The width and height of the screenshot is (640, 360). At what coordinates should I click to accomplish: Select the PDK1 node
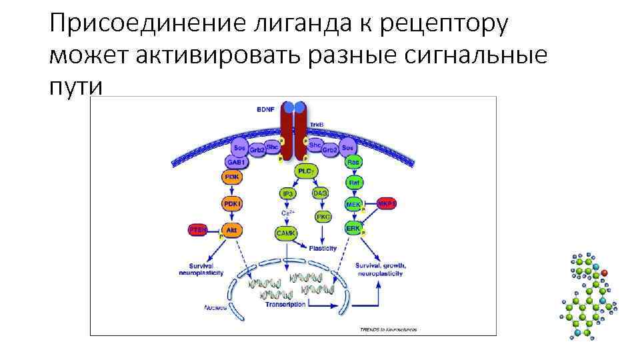tap(231, 203)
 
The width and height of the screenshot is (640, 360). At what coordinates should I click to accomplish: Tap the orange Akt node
tap(231, 230)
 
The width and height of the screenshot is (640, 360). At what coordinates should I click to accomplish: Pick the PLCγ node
tap(305, 171)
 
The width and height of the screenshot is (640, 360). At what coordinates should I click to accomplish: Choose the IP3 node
tap(288, 193)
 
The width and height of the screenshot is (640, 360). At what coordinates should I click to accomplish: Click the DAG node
tap(321, 192)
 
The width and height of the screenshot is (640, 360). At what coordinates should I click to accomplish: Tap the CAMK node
tap(287, 232)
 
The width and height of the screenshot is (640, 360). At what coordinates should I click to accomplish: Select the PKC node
tap(323, 217)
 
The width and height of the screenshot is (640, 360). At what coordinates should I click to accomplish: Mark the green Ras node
tap(353, 162)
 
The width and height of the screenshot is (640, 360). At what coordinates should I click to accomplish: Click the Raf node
tap(354, 182)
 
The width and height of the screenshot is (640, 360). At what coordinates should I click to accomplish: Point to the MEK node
tap(353, 204)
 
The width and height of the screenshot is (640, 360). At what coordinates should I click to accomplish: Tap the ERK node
tap(353, 228)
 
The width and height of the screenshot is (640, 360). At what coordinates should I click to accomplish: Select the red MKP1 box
tap(387, 203)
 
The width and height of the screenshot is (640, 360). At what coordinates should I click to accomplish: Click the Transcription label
tap(285, 304)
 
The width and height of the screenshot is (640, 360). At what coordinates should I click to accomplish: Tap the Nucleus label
tap(216, 308)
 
